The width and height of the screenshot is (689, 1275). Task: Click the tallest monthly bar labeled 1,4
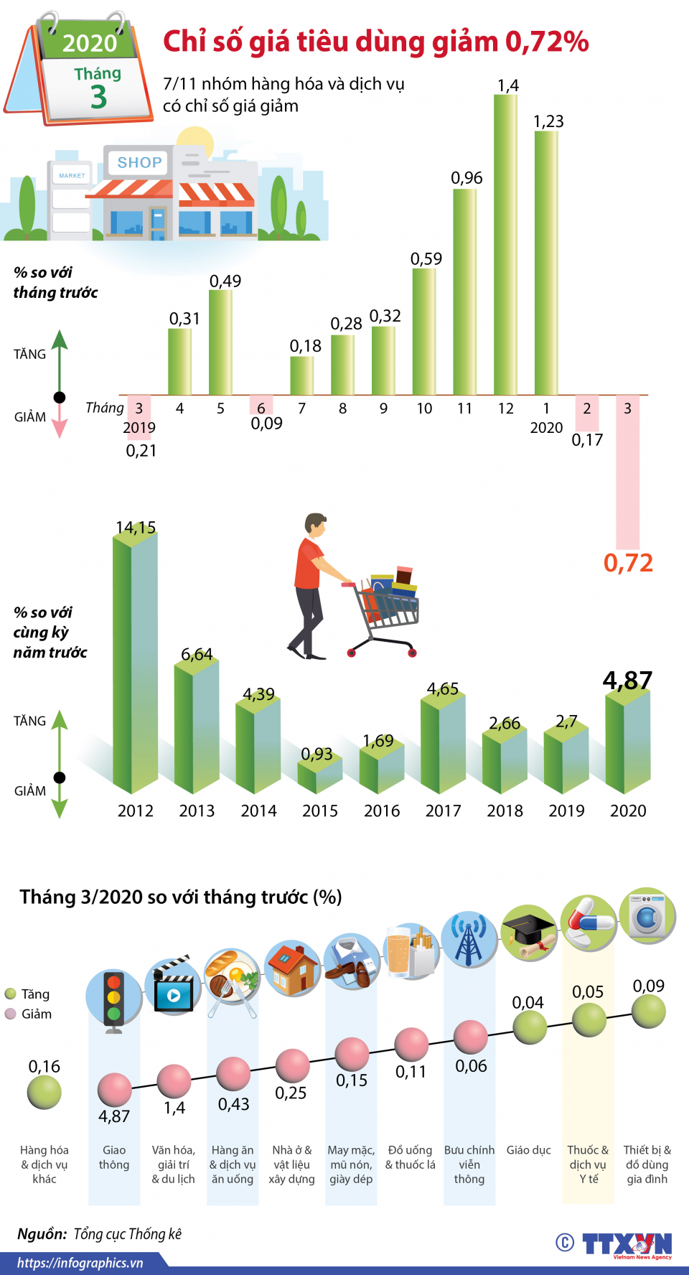(505, 244)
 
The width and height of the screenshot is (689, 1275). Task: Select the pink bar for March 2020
(627, 474)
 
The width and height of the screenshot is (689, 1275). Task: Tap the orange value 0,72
(628, 563)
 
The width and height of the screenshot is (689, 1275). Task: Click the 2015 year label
(320, 811)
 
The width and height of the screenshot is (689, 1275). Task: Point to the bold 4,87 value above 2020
(627, 680)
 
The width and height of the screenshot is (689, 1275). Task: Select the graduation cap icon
(528, 933)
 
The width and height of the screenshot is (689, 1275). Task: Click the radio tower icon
(469, 940)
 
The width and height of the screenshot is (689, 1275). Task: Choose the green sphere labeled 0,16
(44, 1093)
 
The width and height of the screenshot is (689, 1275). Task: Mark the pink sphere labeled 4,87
(115, 1089)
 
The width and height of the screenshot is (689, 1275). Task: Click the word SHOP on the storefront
(139, 163)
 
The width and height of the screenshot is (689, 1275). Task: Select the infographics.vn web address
(80, 1263)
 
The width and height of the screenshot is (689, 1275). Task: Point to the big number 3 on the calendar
(98, 97)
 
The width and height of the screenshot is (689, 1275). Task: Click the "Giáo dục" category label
(528, 1150)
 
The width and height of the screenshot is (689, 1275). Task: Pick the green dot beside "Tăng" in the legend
(10, 994)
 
